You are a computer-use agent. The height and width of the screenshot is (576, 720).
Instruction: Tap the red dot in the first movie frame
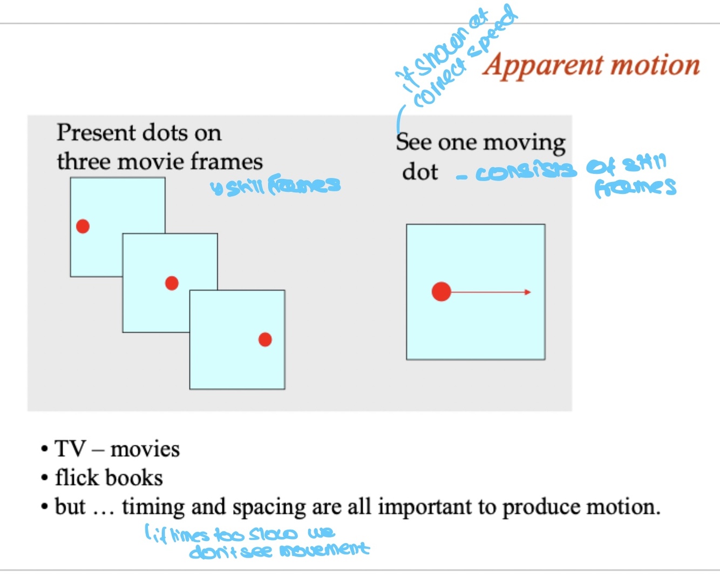coord(83,226)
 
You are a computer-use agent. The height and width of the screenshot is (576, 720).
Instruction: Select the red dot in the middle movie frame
coord(172,283)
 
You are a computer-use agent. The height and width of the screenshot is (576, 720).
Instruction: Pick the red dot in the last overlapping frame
coord(265,339)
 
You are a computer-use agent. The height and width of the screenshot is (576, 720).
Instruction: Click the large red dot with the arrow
coord(441,292)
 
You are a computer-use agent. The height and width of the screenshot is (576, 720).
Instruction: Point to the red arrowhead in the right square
coord(527,292)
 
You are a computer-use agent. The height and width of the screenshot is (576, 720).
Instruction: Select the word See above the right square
coord(413,142)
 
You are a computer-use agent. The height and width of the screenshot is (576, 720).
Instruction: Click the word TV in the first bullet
coord(70,449)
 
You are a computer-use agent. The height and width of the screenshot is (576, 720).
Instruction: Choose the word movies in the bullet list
coord(145,450)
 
